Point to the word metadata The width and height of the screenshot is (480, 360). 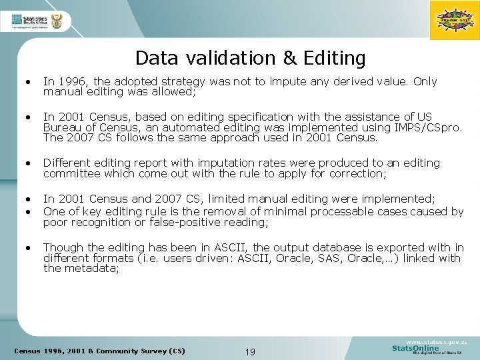[x=95, y=269]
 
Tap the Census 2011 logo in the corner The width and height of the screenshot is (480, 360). [x=455, y=21]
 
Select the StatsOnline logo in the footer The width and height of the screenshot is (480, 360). [x=427, y=347]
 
